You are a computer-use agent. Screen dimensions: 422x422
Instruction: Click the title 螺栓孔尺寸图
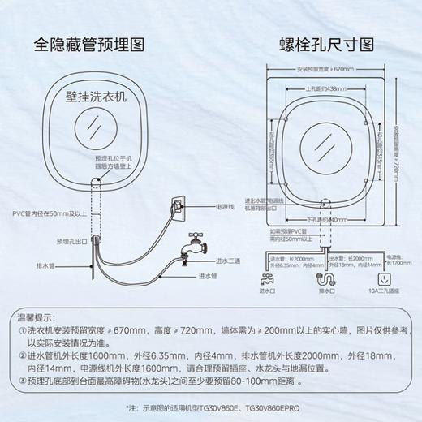pos(318,45)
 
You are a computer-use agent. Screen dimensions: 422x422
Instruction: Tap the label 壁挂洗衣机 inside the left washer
pos(97,96)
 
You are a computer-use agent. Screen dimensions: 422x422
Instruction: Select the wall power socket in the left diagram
pos(178,206)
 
